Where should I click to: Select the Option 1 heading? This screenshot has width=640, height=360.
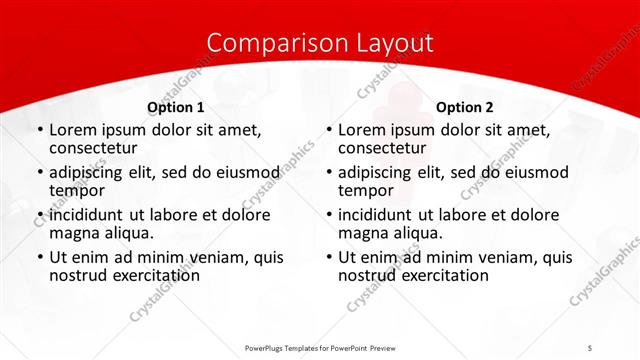[176, 107]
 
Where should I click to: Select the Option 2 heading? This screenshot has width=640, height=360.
[464, 107]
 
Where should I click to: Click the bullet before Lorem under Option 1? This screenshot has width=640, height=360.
[39, 130]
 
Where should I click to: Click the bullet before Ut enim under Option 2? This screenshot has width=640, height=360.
[328, 257]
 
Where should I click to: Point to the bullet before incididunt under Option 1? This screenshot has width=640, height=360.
[39, 215]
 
